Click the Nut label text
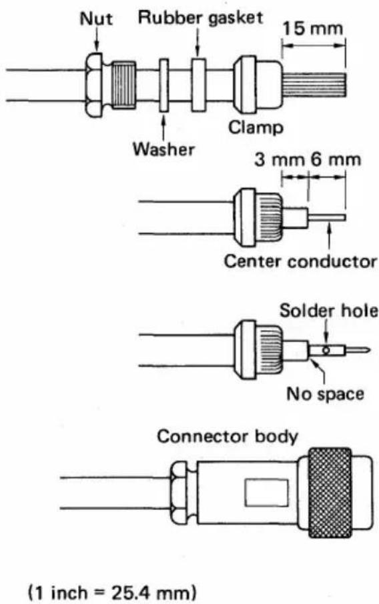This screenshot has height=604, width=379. pyautogui.click(x=96, y=18)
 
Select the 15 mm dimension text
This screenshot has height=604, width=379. pyautogui.click(x=312, y=28)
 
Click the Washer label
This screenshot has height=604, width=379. pyautogui.click(x=163, y=149)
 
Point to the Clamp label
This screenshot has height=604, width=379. pyautogui.click(x=256, y=127)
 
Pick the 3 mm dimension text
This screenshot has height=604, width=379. pyautogui.click(x=279, y=159)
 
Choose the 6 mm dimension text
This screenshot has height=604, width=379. pyautogui.click(x=336, y=159)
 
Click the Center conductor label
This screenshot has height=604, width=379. pyautogui.click(x=300, y=261)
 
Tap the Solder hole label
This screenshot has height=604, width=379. pyautogui.click(x=329, y=311)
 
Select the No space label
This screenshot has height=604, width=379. pyautogui.click(x=325, y=394)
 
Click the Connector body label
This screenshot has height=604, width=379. pyautogui.click(x=228, y=437)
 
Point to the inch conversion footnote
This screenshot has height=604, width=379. pyautogui.click(x=112, y=592)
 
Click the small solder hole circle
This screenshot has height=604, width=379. pyautogui.click(x=326, y=351)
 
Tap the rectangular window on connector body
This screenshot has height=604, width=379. pyautogui.click(x=267, y=493)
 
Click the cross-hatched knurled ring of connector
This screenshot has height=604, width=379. pyautogui.click(x=330, y=493)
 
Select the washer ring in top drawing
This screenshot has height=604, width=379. pyautogui.click(x=164, y=85)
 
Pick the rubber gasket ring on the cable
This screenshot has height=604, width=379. pyautogui.click(x=199, y=85)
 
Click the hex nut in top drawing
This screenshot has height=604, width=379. pyautogui.click(x=94, y=85)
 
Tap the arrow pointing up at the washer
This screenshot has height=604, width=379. pyautogui.click(x=164, y=128)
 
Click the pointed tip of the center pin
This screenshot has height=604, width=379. pyautogui.click(x=370, y=351)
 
